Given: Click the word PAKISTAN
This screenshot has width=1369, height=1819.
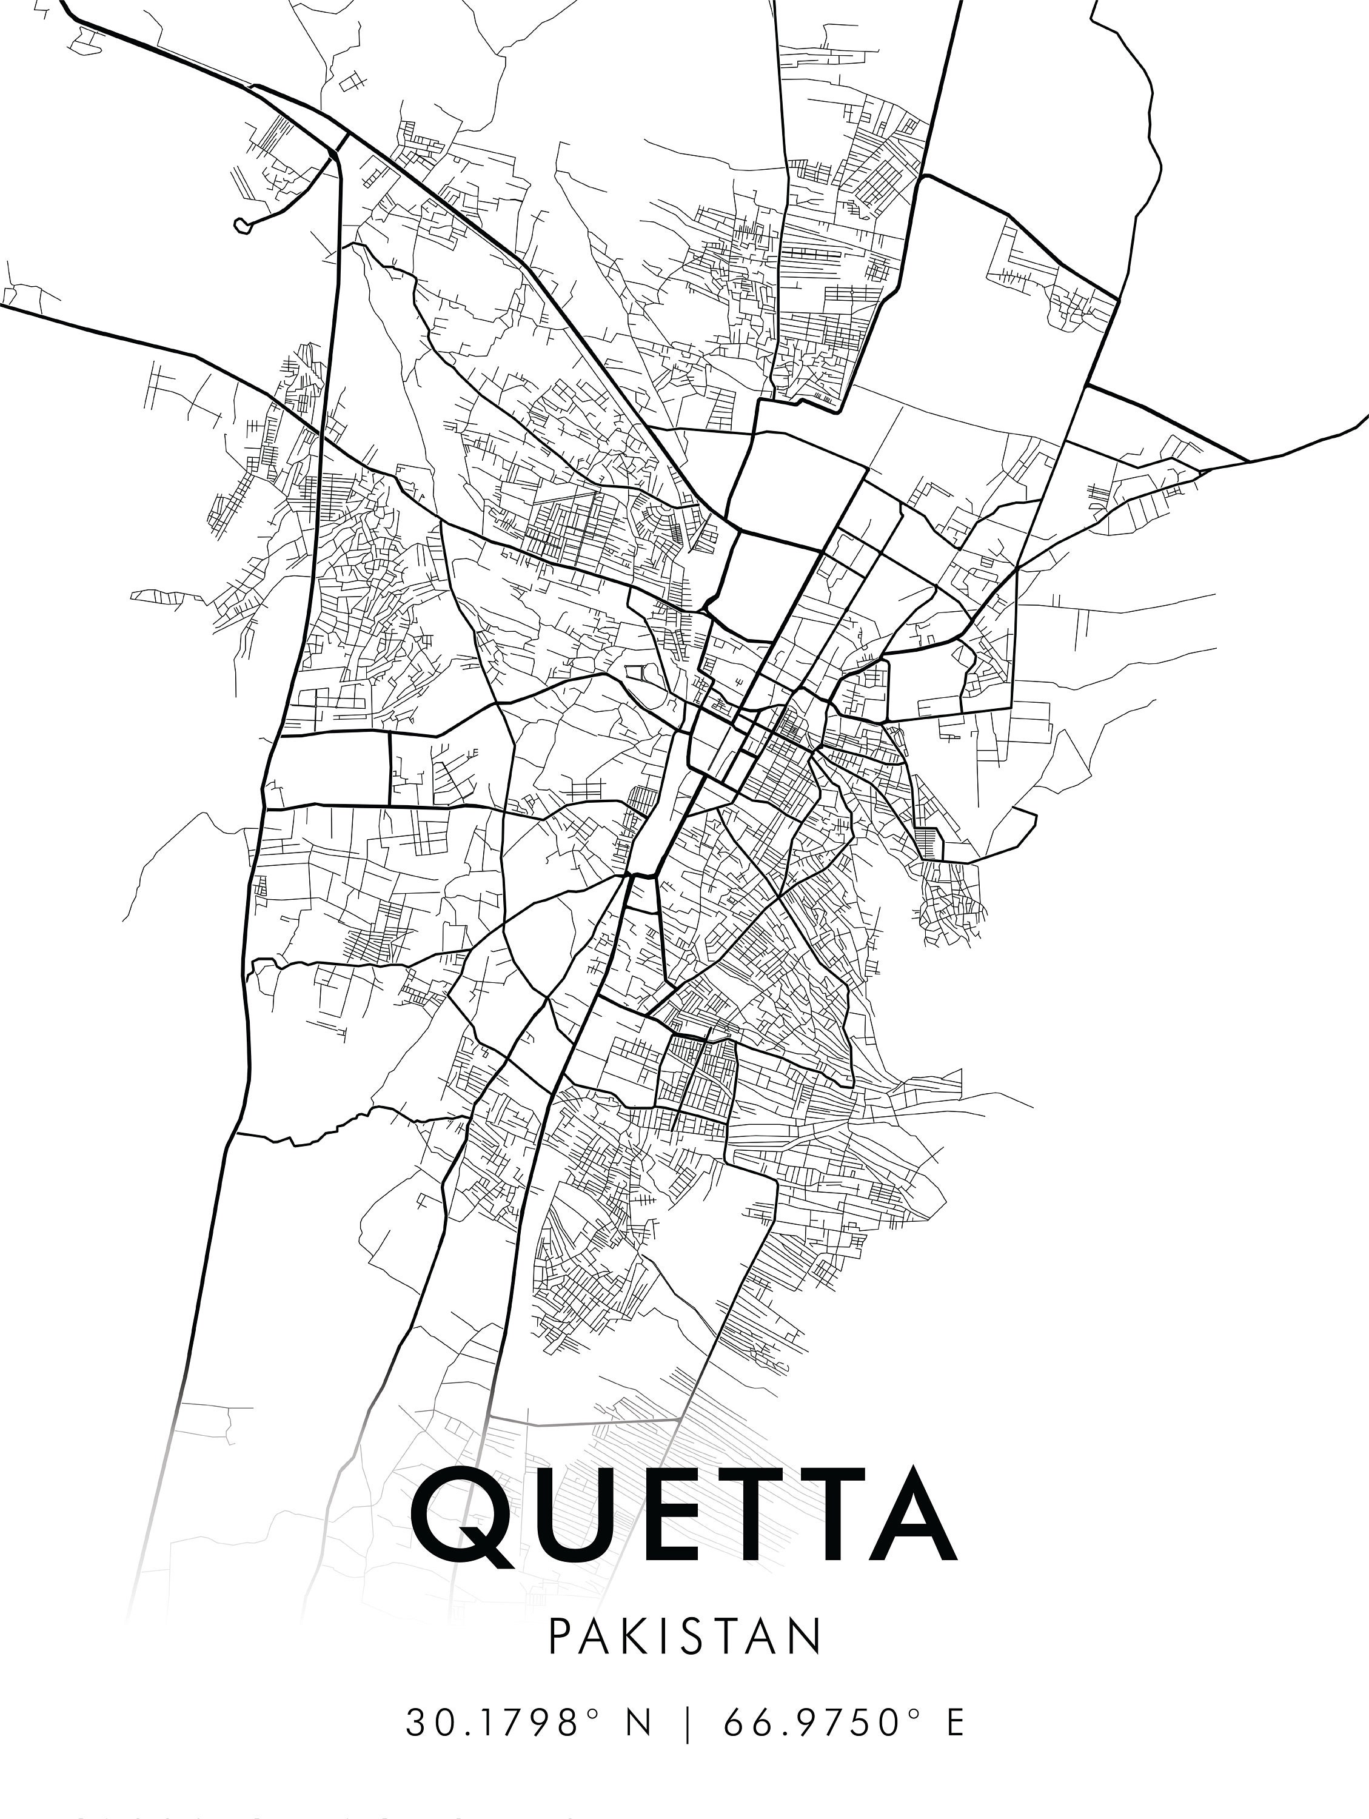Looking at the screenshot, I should coord(684,1637).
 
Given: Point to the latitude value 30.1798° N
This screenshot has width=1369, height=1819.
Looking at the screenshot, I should coord(528,1718).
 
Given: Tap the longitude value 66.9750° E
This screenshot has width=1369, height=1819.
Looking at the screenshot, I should coord(843,1718).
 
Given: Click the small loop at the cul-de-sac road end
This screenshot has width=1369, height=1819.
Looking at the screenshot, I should coord(242,224).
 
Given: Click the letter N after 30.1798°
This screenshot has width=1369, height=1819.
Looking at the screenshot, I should coord(638,1718).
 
